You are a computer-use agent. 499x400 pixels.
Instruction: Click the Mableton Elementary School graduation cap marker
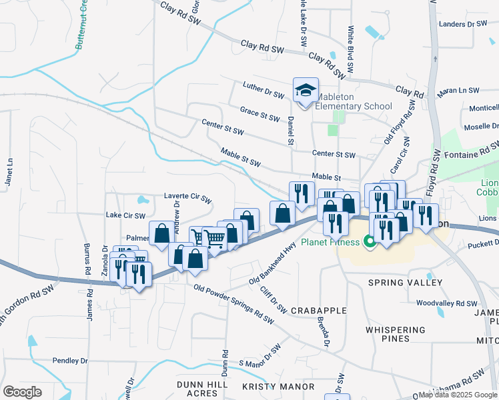[306, 90]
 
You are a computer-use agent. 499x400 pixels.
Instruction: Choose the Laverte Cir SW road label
[187, 199]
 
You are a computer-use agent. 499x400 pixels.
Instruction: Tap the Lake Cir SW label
[125, 215]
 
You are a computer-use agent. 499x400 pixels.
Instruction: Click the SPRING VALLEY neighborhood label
[405, 283]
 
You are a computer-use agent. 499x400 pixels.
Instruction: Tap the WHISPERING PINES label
[396, 334]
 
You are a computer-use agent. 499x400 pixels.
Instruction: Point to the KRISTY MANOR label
[278, 387]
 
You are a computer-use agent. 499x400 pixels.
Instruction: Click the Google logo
[22, 392]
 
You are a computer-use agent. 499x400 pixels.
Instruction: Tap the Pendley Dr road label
[70, 361]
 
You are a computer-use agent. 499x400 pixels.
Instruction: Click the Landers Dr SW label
[464, 24]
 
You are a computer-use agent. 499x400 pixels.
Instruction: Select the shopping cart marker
[214, 239]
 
